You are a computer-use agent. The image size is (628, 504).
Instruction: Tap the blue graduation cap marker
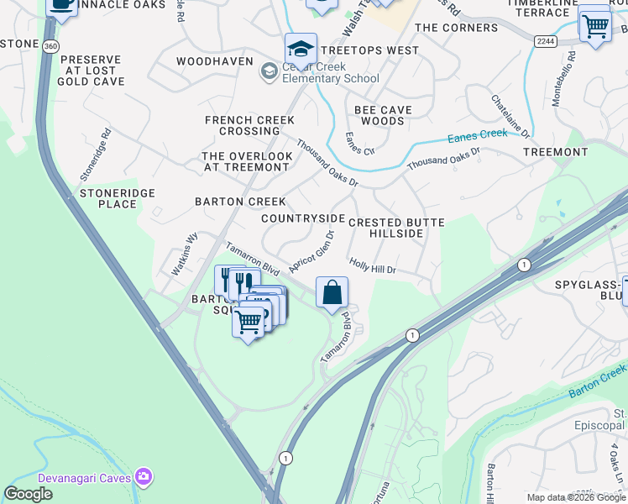[301, 49]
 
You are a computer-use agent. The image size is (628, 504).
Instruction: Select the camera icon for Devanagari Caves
[145, 476]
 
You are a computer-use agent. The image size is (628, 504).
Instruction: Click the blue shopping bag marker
[332, 293]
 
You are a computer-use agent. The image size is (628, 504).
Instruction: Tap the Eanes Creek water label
[478, 134]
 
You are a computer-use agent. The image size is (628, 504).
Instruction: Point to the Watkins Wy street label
[185, 255]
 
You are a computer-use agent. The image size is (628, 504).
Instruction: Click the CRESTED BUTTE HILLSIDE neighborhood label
[396, 228]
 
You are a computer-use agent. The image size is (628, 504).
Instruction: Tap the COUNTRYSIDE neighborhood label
[303, 218]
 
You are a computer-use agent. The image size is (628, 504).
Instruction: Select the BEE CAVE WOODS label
[384, 115]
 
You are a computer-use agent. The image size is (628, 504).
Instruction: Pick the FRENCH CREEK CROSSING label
[249, 125]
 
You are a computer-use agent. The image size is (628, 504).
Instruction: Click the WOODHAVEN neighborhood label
[214, 62]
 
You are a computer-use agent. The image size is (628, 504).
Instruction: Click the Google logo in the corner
[28, 494]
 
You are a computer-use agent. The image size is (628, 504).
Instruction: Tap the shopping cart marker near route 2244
[594, 25]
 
